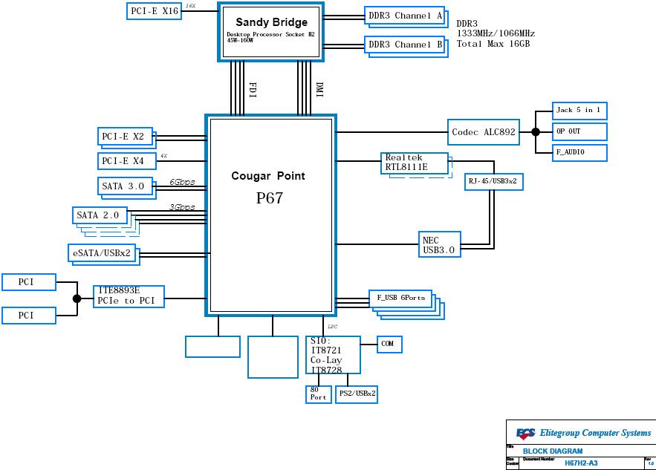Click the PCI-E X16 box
click(x=154, y=11)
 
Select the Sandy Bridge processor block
click(x=271, y=30)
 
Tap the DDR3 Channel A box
click(x=405, y=16)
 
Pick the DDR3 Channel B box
click(x=405, y=45)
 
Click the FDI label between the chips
click(x=252, y=90)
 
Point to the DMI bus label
click(x=319, y=90)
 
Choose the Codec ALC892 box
click(x=483, y=132)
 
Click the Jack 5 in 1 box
click(x=579, y=111)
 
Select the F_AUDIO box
click(x=579, y=152)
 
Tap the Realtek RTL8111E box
click(x=415, y=163)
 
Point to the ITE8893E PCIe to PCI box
click(x=129, y=296)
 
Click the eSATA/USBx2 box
click(x=102, y=253)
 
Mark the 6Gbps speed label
click(x=182, y=182)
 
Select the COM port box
click(x=389, y=344)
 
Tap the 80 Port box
click(x=318, y=394)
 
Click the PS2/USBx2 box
click(x=357, y=394)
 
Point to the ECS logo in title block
click(x=526, y=433)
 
